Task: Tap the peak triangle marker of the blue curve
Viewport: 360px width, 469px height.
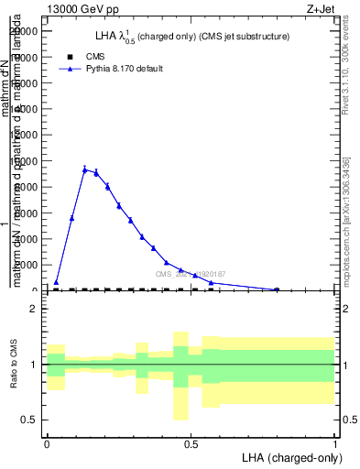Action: [84, 169]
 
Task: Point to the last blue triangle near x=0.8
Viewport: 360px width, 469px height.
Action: [277, 289]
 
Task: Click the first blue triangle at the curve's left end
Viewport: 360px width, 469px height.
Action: [56, 283]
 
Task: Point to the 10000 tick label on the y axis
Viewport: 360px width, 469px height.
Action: [27, 160]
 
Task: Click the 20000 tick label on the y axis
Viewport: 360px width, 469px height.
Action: [27, 30]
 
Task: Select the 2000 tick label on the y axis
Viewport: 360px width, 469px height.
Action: [29, 265]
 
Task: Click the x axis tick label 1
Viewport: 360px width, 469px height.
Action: [334, 444]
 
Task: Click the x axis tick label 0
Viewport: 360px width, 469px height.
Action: [47, 444]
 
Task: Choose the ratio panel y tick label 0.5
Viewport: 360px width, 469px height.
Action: [29, 420]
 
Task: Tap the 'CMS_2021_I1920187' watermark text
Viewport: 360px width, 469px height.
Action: [191, 274]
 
